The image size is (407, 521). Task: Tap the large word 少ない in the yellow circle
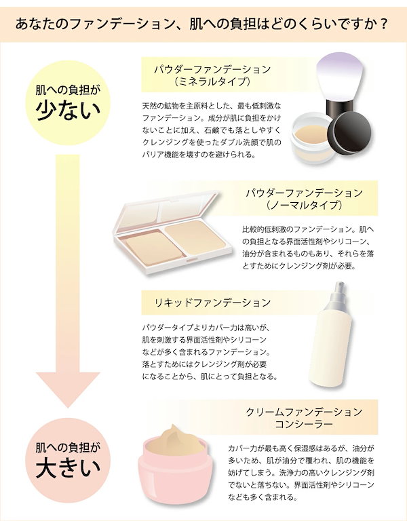[x=68, y=111]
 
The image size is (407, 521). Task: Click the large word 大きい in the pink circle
[x=68, y=468]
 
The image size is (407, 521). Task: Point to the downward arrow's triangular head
[x=68, y=389]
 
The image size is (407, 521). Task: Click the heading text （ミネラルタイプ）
[x=212, y=81]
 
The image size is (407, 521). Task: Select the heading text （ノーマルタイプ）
[x=304, y=205]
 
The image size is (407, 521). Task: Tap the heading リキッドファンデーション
[x=212, y=303]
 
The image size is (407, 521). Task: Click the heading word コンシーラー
[x=304, y=424]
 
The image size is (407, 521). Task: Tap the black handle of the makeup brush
[x=339, y=107]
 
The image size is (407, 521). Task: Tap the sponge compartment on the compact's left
[x=153, y=248]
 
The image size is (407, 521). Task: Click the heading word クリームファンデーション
[x=304, y=412]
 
